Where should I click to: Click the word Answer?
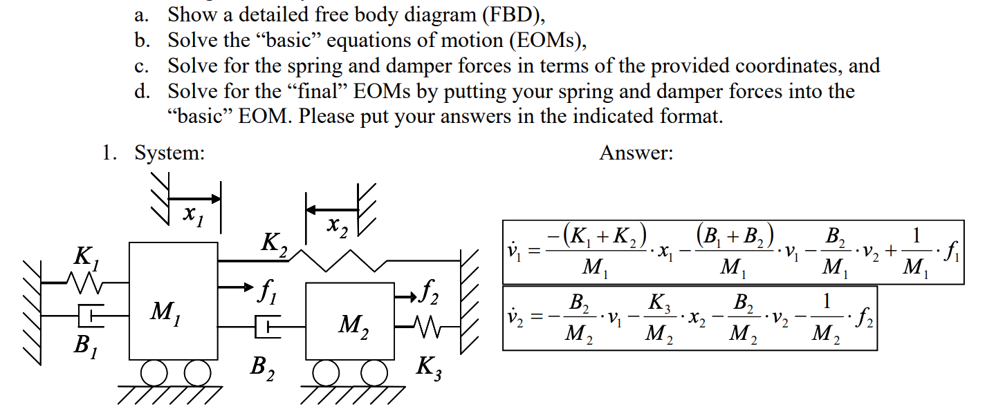636,153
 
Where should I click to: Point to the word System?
169,153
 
